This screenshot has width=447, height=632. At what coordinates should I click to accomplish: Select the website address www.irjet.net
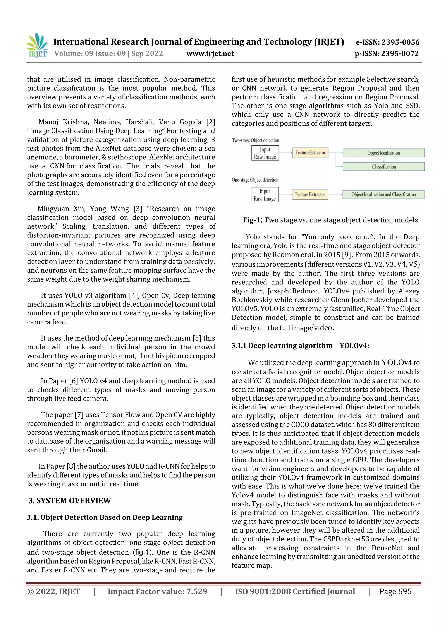210,54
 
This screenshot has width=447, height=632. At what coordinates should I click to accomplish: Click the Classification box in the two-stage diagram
383,166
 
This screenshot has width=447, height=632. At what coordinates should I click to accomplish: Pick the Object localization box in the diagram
383,153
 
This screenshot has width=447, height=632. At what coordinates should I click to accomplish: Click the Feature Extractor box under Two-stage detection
310,152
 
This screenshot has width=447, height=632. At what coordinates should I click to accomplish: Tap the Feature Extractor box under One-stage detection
310,194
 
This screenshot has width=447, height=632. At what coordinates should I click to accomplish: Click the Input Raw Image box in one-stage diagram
265,195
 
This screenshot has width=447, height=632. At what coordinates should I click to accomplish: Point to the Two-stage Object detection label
255,140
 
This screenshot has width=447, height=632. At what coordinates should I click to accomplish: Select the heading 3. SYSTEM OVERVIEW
70,500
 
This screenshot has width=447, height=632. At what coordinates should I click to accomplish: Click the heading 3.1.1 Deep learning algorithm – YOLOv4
300,346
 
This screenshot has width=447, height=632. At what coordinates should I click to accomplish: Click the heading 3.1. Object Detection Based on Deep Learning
105,517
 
